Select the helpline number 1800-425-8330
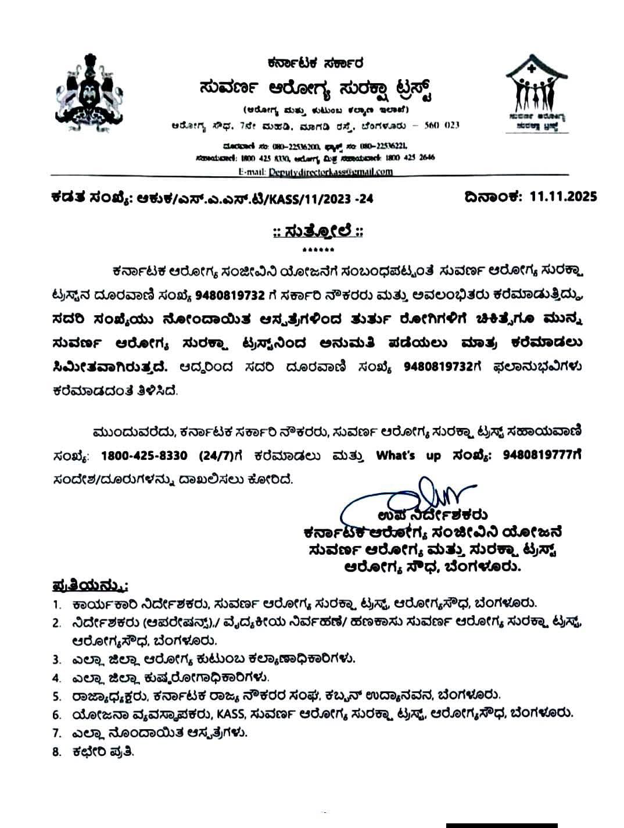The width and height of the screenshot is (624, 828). point(144,456)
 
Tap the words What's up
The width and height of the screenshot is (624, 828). point(408,456)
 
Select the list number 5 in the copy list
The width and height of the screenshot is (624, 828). point(56,696)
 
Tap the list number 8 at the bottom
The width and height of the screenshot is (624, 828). point(56,751)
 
